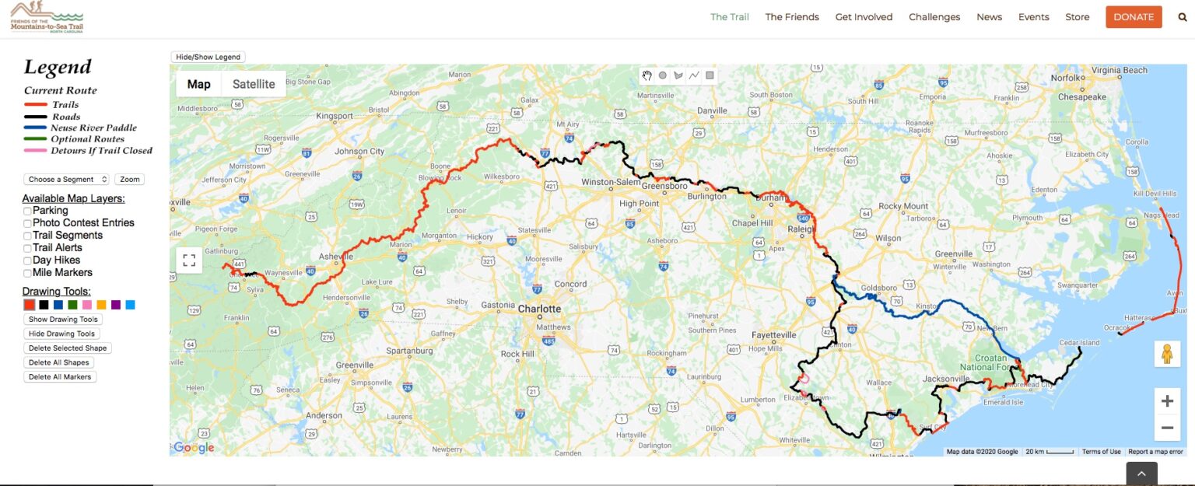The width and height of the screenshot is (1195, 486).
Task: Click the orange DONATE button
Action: coord(1134,17)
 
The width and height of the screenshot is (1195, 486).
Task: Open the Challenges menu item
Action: coord(934,17)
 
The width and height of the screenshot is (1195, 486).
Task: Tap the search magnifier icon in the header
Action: coord(1183,17)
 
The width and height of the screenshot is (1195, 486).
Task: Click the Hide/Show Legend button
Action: coord(209,57)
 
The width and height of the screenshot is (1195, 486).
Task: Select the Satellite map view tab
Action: coord(254,84)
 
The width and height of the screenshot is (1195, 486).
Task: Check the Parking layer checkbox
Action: coord(28,211)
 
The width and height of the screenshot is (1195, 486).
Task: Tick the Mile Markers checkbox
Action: coord(28,273)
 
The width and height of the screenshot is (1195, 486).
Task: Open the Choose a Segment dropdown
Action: coord(66,180)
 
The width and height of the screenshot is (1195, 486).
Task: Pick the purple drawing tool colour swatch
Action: coord(116,305)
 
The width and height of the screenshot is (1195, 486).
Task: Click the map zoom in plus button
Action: coord(1167,401)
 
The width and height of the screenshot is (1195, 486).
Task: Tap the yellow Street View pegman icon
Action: coord(1166,354)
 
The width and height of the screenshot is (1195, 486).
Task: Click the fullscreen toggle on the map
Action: coord(189,260)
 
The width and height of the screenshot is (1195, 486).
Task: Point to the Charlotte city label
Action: coord(539,309)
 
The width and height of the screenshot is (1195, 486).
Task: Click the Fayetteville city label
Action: coord(773,335)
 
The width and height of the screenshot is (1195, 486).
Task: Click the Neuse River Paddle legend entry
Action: coord(93,128)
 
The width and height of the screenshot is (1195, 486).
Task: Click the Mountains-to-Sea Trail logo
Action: coord(47,17)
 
